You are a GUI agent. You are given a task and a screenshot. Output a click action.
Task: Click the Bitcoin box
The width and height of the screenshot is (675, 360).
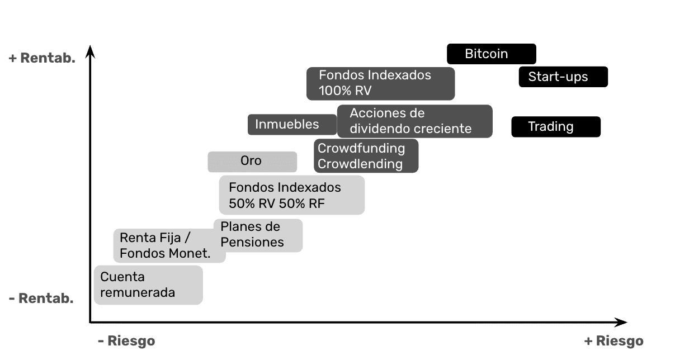click(491, 54)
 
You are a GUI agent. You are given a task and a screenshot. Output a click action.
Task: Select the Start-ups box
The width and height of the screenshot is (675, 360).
click(563, 77)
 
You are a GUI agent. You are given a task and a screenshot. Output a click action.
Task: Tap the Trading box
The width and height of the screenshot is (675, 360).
click(555, 127)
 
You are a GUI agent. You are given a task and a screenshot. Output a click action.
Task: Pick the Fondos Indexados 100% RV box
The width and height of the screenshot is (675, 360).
click(380, 83)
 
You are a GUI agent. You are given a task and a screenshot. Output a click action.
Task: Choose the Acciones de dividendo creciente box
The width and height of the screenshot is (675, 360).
click(414, 121)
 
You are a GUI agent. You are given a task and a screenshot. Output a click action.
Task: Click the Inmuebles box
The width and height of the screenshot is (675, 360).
click(292, 124)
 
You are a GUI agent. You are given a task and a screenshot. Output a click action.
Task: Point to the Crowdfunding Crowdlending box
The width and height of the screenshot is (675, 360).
click(366, 156)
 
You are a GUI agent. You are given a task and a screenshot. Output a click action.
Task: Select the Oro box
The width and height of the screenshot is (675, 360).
click(252, 162)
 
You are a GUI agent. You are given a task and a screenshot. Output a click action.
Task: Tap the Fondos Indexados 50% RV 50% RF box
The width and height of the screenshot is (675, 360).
click(291, 195)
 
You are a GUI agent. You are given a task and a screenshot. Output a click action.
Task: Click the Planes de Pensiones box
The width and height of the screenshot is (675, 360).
click(258, 235)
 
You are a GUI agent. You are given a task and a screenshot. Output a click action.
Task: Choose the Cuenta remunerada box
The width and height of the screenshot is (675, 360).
click(148, 285)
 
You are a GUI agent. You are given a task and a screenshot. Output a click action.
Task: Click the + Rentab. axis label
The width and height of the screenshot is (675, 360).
click(42, 58)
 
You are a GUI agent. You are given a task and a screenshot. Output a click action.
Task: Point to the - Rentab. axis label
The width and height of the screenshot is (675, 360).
click(41, 299)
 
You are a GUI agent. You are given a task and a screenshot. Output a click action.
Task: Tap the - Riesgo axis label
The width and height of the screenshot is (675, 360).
click(126, 340)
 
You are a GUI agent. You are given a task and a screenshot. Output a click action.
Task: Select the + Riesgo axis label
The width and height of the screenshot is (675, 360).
click(613, 340)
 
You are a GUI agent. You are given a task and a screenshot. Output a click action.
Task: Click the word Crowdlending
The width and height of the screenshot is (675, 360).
click(360, 164)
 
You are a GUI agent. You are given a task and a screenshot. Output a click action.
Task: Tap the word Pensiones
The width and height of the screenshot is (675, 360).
click(252, 242)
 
